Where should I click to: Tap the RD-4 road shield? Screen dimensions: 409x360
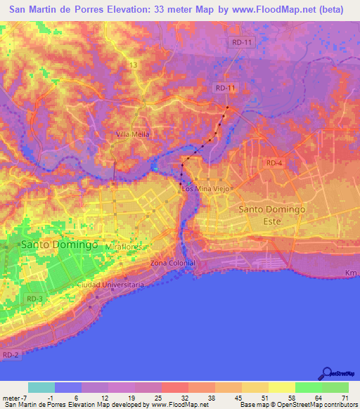(x=274, y=163)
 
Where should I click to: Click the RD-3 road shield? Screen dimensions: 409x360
(x=34, y=299)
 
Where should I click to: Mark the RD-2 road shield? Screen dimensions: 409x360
(x=10, y=356)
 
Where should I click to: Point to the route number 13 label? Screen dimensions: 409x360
(x=131, y=65)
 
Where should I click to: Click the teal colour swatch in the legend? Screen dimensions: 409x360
(x=41, y=387)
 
